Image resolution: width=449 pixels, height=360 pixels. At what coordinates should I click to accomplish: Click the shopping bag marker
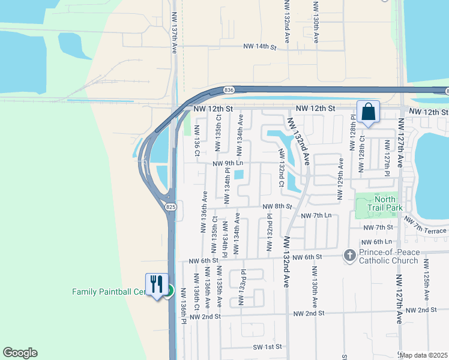pos(368,112)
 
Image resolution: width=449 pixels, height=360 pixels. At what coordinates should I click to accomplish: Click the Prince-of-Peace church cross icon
pos(350,256)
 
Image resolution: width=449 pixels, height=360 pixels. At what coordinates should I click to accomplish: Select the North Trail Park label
pos(385,203)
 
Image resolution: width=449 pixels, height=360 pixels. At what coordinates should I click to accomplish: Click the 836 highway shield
pos(229,89)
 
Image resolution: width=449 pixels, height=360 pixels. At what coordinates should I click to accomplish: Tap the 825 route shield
pos(171,206)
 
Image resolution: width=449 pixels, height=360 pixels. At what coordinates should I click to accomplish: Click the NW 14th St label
pos(259,46)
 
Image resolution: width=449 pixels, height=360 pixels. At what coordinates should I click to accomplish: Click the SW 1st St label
pos(267,347)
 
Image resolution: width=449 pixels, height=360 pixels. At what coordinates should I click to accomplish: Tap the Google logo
pos(20,353)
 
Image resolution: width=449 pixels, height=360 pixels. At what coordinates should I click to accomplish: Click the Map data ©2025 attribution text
pos(424,355)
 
